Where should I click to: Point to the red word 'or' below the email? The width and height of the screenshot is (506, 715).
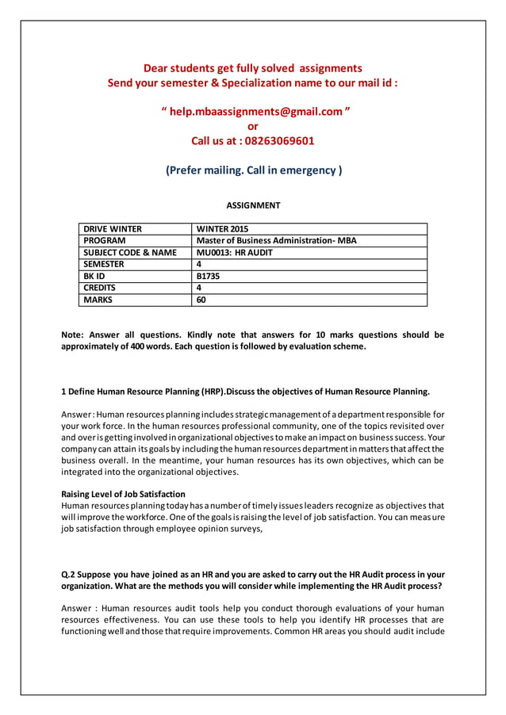(x=253, y=126)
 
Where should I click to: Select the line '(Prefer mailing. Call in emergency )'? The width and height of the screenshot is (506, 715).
(x=253, y=170)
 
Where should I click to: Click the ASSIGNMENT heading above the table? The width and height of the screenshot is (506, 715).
(x=253, y=205)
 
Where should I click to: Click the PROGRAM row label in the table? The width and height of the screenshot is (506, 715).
(x=105, y=240)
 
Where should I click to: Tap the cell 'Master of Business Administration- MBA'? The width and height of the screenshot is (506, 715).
(x=276, y=240)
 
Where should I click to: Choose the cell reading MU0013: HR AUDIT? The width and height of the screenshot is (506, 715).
(x=234, y=252)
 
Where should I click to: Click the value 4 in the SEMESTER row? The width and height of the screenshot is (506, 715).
(x=199, y=264)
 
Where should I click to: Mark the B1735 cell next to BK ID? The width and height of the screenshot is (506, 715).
(x=208, y=276)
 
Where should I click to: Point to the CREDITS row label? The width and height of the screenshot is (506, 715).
(x=100, y=288)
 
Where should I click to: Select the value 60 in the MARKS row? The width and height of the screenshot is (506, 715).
(x=201, y=300)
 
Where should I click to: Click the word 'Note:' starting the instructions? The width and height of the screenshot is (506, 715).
(x=74, y=335)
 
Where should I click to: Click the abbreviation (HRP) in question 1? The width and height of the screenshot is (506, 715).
(x=212, y=392)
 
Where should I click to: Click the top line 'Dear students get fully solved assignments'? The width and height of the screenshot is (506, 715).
(x=253, y=68)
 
